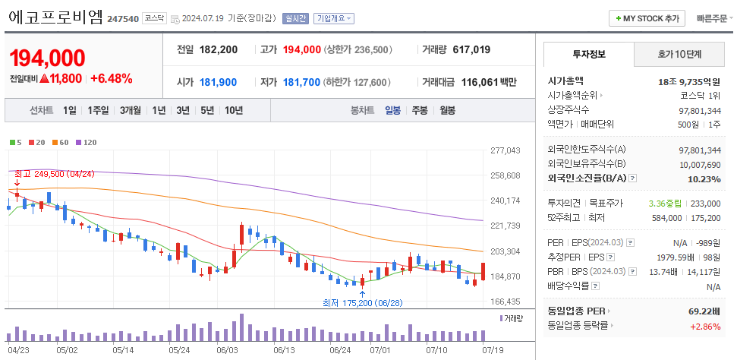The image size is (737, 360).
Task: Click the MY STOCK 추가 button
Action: [647, 18]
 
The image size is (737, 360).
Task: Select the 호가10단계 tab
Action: [679, 54]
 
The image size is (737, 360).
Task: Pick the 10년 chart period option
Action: [234, 110]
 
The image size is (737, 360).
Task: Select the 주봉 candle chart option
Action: [420, 110]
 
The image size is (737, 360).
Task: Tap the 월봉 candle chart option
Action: [447, 110]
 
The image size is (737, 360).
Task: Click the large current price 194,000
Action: [47, 57]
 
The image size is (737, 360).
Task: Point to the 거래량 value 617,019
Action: [471, 49]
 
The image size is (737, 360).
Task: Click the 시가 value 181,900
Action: [219, 82]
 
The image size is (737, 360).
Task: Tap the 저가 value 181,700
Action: [301, 82]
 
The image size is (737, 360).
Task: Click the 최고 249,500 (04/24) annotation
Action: [55, 174]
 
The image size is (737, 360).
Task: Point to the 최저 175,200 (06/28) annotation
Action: [362, 302]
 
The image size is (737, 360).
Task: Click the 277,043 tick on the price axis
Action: [506, 150]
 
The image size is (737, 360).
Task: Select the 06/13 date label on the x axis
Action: [284, 350]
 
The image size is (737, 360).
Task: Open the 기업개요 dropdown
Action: [334, 18]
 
